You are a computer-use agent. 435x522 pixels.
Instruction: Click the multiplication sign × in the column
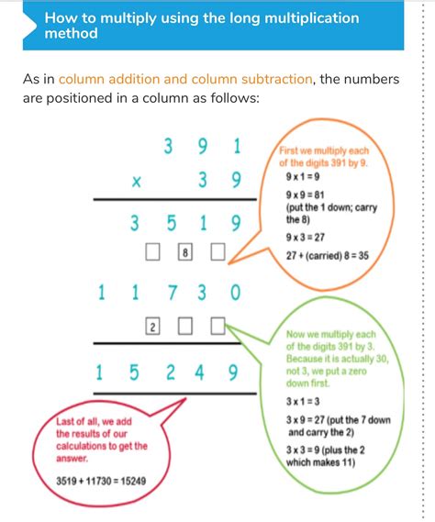point(137,182)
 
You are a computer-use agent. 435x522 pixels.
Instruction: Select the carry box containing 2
point(151,326)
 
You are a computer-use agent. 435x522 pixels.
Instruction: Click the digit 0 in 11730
point(236,294)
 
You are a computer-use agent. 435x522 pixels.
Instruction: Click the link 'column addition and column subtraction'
point(185,80)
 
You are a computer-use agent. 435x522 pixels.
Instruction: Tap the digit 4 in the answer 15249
point(202,372)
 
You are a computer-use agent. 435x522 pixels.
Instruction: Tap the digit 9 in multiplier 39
point(236,182)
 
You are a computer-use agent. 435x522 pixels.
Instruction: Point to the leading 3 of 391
point(168,146)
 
